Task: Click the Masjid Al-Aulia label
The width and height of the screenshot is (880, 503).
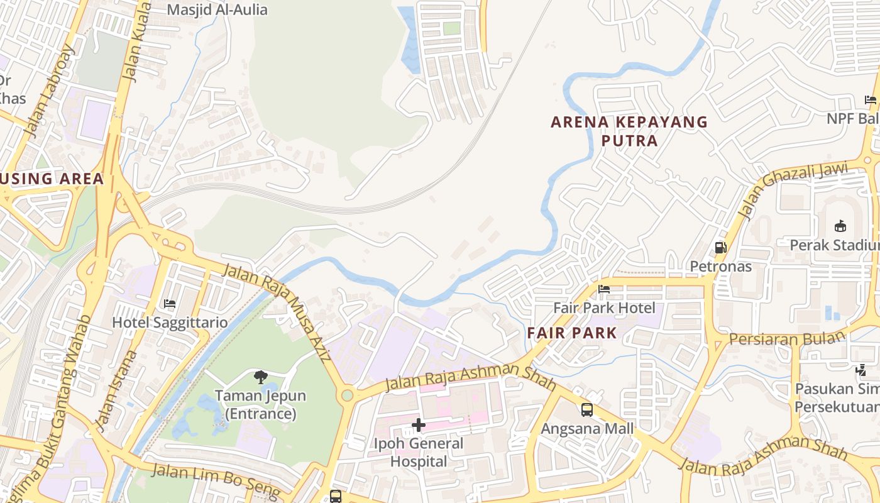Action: (217, 9)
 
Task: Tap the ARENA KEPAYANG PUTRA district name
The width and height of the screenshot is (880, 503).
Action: (629, 131)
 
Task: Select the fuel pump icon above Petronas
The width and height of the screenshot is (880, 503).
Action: (720, 248)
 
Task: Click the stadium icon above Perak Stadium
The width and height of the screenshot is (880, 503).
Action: (840, 226)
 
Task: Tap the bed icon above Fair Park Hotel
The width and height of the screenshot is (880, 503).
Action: (604, 289)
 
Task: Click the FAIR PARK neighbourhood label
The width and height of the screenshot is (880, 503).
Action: (572, 333)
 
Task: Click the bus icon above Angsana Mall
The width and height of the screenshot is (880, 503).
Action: (587, 410)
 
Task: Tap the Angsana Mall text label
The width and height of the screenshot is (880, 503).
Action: (587, 429)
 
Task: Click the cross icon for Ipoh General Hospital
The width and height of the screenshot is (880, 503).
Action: (419, 425)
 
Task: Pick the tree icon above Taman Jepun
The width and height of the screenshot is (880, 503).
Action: (260, 377)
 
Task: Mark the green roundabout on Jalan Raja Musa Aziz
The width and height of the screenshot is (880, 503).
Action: (347, 395)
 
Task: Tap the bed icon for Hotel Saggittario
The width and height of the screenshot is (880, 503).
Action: (170, 304)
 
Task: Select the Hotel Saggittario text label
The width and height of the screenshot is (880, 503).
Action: (170, 323)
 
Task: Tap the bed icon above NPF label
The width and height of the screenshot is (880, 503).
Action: (871, 100)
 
